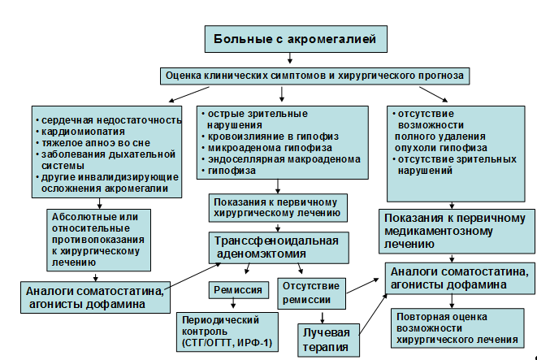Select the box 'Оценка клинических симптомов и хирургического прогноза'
click(x=314, y=75)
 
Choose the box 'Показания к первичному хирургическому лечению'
click(x=277, y=208)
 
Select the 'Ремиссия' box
click(x=237, y=289)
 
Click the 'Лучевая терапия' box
click(x=326, y=340)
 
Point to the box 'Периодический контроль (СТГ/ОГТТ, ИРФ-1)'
click(x=230, y=337)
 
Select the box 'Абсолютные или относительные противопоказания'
click(x=97, y=241)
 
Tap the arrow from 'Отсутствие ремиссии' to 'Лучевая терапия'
click(x=323, y=316)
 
